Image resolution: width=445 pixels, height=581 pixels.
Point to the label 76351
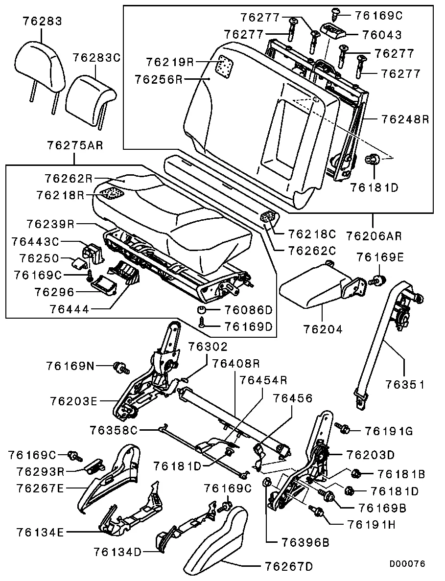pyautogui.click(x=404, y=385)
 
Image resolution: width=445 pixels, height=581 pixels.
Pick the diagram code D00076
pyautogui.click(x=407, y=563)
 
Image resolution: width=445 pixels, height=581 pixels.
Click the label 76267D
pyautogui.click(x=288, y=567)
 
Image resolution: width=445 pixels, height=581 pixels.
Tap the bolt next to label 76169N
pyautogui.click(x=119, y=366)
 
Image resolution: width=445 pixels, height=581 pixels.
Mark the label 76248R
pyautogui.click(x=405, y=118)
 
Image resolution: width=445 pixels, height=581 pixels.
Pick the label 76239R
pyautogui.click(x=50, y=225)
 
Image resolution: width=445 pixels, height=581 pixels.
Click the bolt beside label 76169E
pyautogui.click(x=377, y=281)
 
